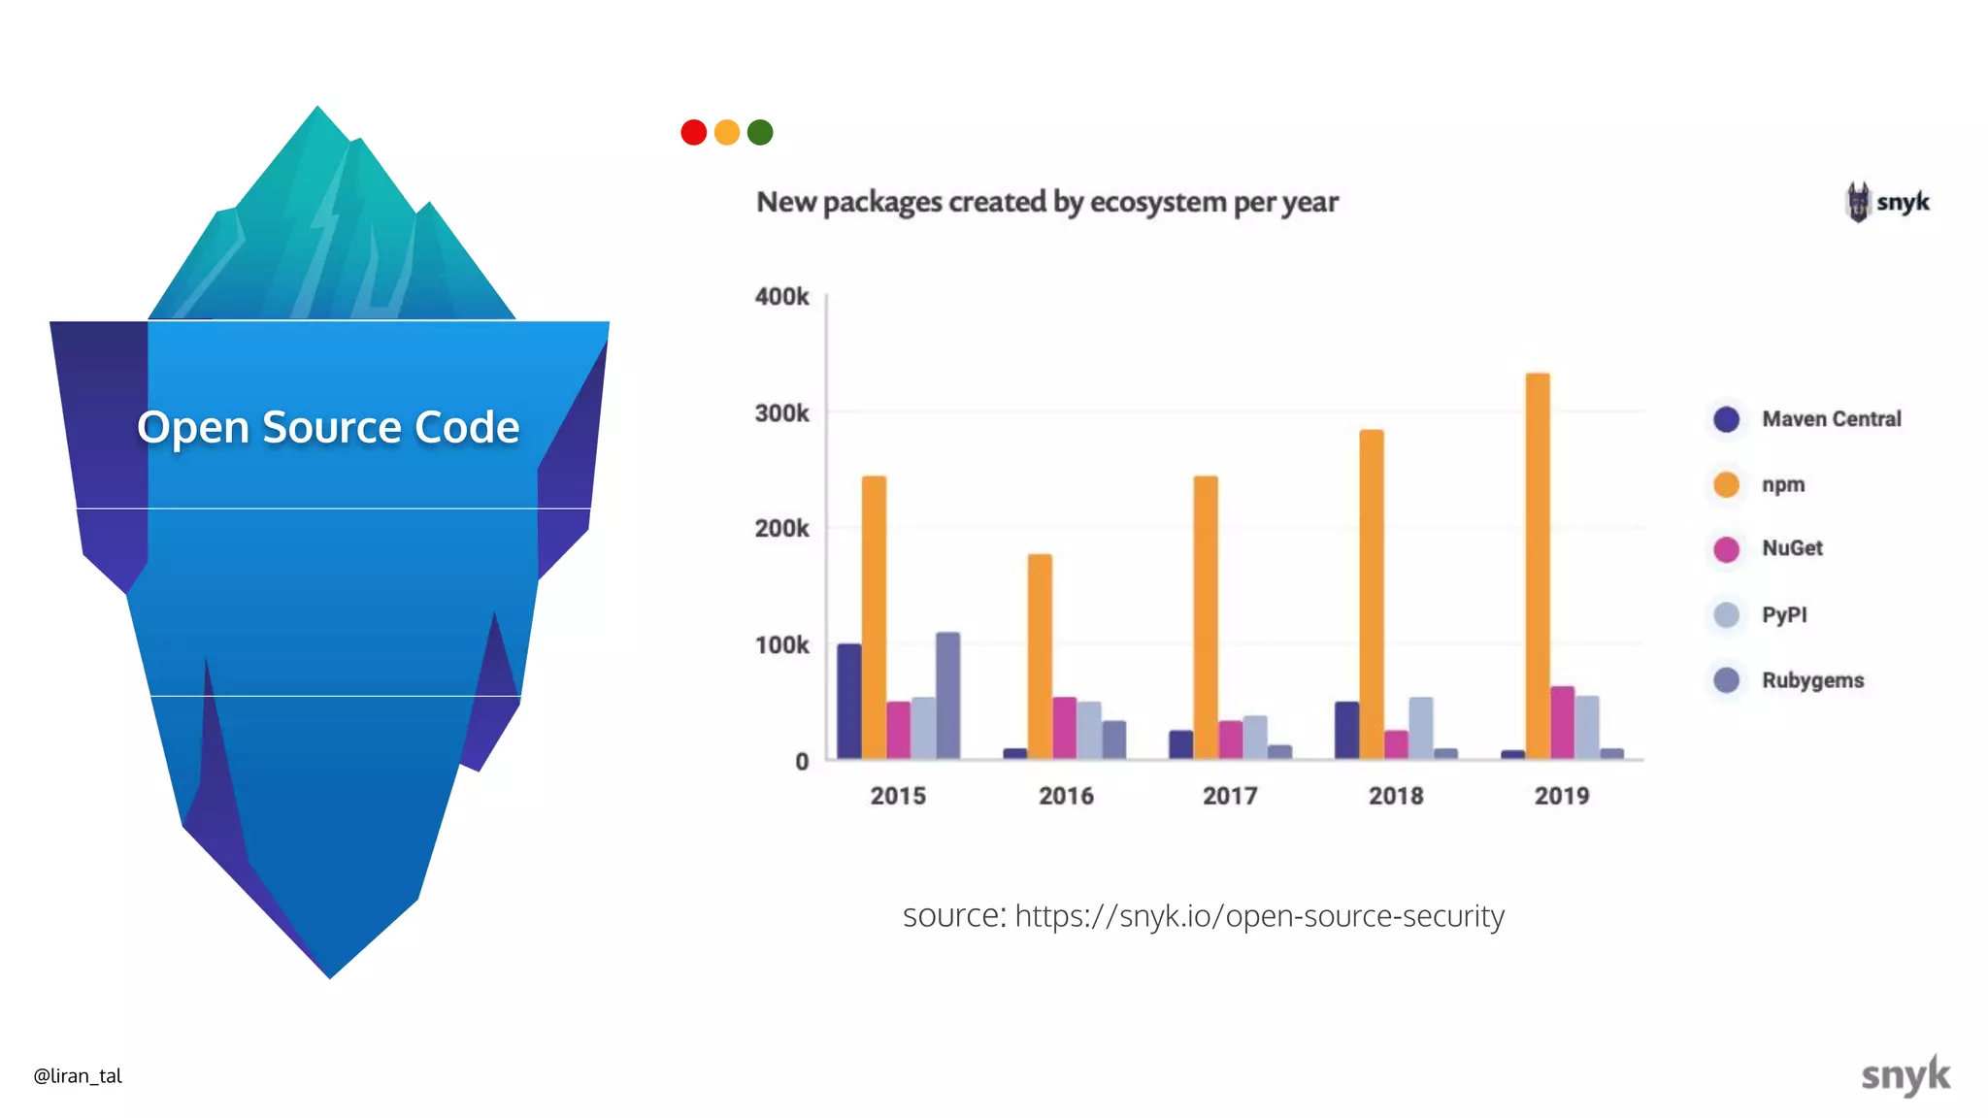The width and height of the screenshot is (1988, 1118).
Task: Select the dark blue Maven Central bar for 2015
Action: coord(849,701)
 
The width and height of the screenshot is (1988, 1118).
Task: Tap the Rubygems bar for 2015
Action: coord(947,695)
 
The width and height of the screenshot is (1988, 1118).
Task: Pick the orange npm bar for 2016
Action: coord(1040,656)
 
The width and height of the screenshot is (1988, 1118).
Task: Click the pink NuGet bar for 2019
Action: coord(1562,722)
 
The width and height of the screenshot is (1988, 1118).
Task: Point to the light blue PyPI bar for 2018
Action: coord(1420,727)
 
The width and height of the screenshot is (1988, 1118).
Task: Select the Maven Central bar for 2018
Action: coord(1346,730)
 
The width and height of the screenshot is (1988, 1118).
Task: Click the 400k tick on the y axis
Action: coord(781,297)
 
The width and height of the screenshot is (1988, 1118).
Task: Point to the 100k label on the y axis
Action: coord(781,645)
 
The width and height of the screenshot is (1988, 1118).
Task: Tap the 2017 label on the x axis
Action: coord(1230,796)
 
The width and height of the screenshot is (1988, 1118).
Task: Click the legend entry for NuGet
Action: coord(1792,548)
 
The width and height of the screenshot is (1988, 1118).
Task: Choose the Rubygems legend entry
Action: coord(1812,680)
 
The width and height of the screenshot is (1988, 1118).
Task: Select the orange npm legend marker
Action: coord(1726,484)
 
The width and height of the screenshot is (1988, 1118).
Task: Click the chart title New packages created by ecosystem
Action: coord(1046,202)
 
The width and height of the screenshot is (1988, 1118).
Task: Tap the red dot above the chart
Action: coord(693,132)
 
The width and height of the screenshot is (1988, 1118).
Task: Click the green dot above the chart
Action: coord(760,132)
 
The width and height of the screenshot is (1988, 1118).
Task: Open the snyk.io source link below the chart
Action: coord(1259,916)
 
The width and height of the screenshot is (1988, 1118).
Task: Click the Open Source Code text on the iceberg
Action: coord(328,427)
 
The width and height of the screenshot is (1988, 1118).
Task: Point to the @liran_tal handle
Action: coord(78,1075)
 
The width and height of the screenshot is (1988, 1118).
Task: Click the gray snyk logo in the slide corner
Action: coord(1905,1075)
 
